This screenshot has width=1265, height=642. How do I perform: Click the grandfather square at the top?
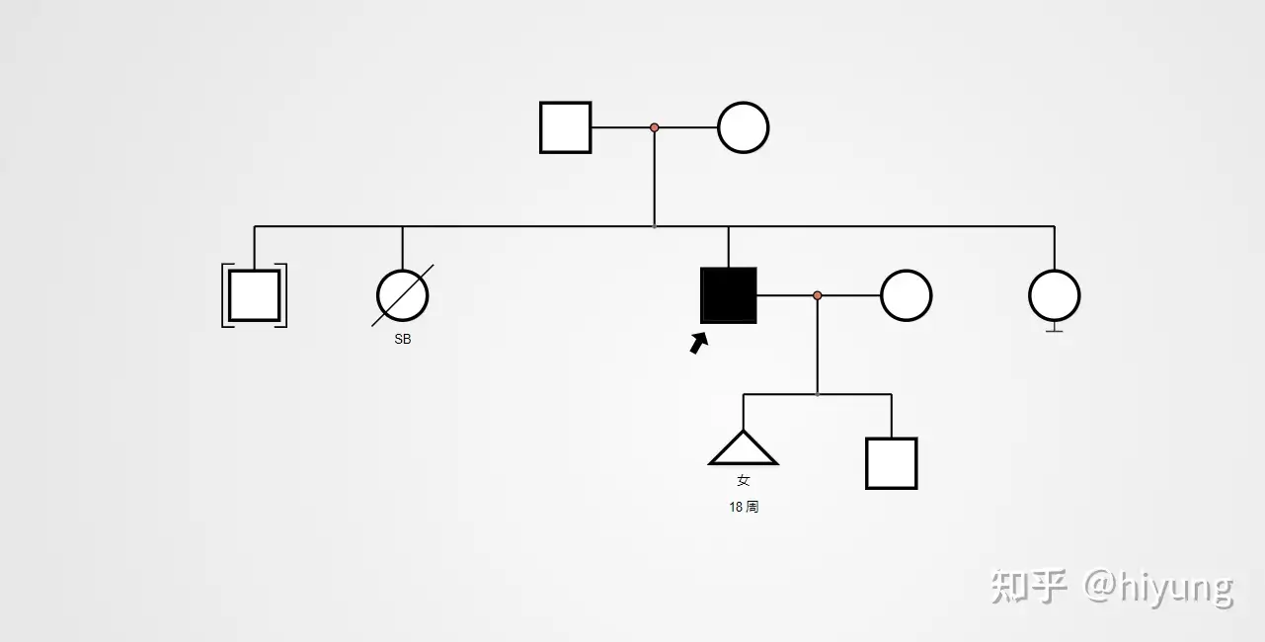(x=566, y=127)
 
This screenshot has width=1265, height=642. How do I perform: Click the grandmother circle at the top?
(x=743, y=127)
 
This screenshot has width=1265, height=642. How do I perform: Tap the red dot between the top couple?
(x=654, y=127)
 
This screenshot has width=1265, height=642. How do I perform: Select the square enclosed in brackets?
(x=255, y=295)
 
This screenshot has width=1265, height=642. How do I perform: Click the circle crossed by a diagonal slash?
(x=403, y=295)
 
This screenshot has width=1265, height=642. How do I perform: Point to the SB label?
(x=403, y=340)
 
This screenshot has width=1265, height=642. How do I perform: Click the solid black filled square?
(x=729, y=295)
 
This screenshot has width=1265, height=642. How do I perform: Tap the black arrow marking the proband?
(x=699, y=343)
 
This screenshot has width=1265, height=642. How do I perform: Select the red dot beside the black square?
(x=817, y=295)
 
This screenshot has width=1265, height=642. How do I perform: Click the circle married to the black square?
(x=906, y=295)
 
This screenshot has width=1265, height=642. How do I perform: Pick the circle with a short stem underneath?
(x=1054, y=295)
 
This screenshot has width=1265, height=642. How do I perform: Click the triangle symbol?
(x=744, y=450)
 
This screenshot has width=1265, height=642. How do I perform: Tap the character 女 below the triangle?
(x=744, y=481)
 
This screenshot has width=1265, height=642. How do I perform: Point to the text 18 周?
(x=744, y=507)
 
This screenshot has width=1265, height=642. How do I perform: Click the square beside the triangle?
(x=892, y=463)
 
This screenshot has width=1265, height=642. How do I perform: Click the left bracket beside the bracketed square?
(x=225, y=295)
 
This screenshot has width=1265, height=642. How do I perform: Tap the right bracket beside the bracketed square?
(x=284, y=295)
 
